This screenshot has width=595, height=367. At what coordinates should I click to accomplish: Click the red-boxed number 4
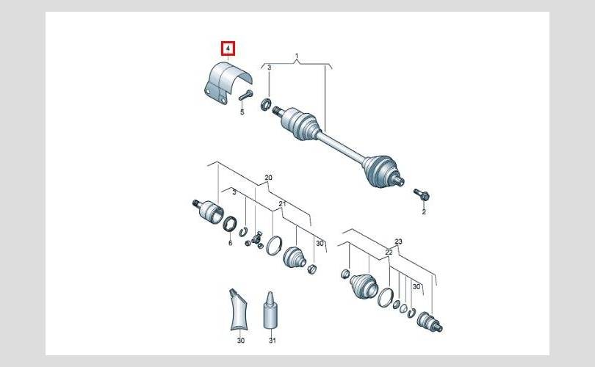click(228, 48)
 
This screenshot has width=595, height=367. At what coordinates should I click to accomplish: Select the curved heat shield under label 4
click(228, 82)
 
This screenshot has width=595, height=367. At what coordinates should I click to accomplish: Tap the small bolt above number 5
click(245, 95)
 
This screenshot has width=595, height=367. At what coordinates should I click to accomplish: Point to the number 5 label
click(242, 112)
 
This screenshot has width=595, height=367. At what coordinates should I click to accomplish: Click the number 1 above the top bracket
click(297, 56)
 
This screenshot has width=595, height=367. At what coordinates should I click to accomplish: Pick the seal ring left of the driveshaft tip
click(266, 104)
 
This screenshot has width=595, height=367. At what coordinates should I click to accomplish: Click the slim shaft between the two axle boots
click(340, 146)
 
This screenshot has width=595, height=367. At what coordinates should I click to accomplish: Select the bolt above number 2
click(421, 195)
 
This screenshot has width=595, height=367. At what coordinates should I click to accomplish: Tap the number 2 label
click(424, 212)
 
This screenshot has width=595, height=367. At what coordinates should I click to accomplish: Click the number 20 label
click(268, 178)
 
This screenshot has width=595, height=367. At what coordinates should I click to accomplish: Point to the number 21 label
click(282, 203)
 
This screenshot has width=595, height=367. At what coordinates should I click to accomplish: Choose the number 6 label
click(231, 243)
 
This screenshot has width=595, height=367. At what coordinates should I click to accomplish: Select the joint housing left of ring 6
click(208, 211)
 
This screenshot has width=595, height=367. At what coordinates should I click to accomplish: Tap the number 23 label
click(398, 241)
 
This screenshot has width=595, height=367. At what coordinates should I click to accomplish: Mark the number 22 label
click(389, 252)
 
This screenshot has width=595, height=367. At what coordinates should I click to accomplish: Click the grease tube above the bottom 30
click(238, 309)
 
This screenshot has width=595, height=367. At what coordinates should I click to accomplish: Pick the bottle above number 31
click(270, 311)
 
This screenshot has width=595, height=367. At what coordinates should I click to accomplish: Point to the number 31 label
click(272, 341)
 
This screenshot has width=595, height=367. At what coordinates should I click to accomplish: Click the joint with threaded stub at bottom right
click(429, 322)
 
